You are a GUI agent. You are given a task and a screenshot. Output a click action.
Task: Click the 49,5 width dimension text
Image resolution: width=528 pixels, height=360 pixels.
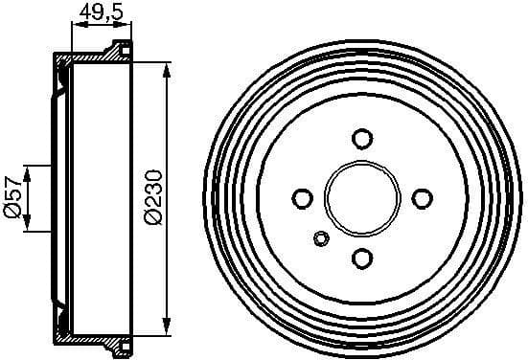pyautogui.click(x=99, y=12)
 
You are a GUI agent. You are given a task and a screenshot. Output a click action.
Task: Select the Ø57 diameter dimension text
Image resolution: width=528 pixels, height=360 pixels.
pyautogui.click(x=12, y=198)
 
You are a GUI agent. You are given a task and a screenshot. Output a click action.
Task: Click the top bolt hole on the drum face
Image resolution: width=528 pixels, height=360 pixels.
pyautogui.click(x=361, y=138)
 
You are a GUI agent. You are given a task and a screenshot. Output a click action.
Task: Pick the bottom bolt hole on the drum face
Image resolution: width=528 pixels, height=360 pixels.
pyautogui.click(x=361, y=257)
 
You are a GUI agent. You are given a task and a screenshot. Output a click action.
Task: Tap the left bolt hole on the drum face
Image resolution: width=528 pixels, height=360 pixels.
pyautogui.click(x=302, y=197)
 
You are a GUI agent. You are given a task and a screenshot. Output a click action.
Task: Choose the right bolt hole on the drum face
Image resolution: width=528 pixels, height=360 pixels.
pyautogui.click(x=421, y=197)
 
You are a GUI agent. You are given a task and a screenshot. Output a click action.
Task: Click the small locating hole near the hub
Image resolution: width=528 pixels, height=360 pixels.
pyautogui.click(x=321, y=238)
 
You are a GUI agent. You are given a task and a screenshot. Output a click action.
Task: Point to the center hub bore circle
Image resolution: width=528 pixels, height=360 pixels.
pyautogui.click(x=361, y=197)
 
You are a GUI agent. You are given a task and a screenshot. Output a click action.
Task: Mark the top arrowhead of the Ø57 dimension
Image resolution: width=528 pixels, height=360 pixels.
pyautogui.click(x=29, y=170)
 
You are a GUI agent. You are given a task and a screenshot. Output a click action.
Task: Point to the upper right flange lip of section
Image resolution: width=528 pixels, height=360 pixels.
pyautogui.click(x=123, y=50)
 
